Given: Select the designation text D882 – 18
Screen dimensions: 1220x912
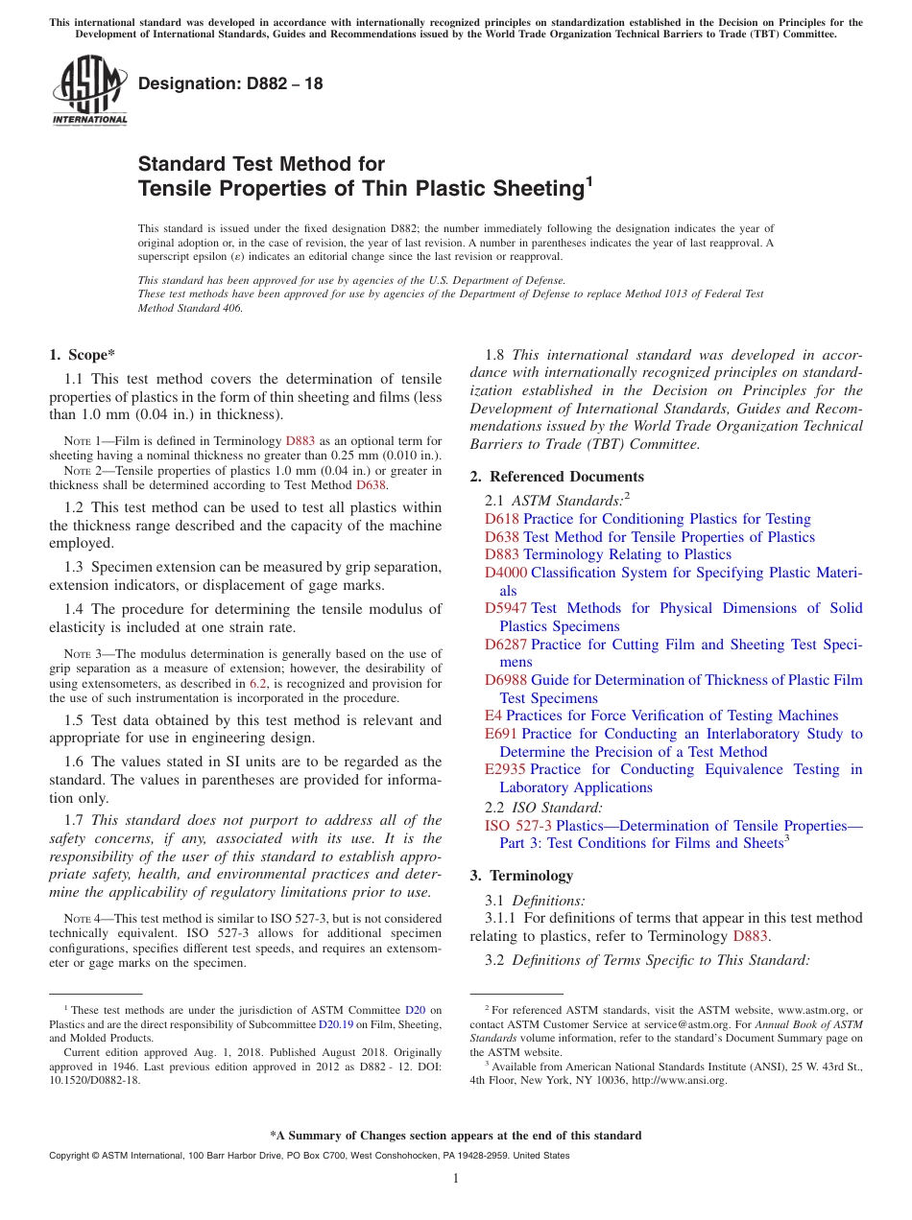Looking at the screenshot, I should pos(230,83).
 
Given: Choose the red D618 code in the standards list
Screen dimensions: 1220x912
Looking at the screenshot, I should pos(502,519).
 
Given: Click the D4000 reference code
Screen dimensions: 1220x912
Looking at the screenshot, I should pos(506,574).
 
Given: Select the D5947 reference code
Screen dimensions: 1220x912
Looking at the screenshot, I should pos(506,609).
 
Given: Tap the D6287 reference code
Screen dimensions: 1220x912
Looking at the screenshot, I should pos(506,645).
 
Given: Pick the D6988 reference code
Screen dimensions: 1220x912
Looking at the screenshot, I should pos(506,681).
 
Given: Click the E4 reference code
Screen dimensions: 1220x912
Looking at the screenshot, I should pos(492,716).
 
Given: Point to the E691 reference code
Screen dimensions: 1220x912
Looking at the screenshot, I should pos(501,735).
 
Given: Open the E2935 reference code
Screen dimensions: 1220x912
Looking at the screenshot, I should pos(506,770).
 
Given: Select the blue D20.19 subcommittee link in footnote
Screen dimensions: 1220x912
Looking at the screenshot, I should pos(335,1024).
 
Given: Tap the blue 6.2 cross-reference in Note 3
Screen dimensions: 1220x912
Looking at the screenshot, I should pos(258,684).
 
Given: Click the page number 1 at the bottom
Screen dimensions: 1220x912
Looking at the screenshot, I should pos(456,1179).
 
